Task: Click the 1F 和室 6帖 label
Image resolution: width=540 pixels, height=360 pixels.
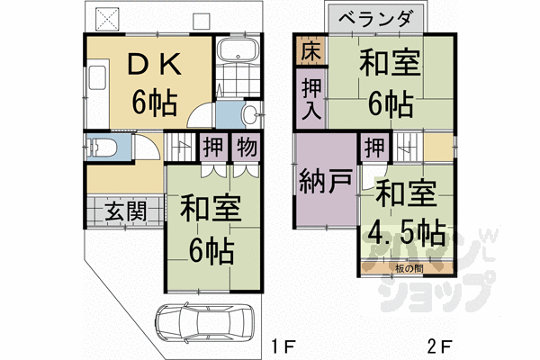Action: coord(210,226)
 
